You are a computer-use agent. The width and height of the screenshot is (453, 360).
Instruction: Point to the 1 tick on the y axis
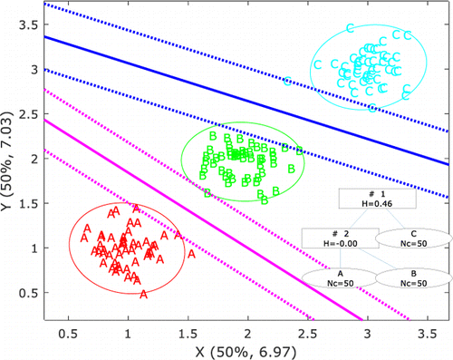34,248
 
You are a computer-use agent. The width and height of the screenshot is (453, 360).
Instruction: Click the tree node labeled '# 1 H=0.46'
377,200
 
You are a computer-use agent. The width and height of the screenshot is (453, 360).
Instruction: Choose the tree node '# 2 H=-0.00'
333,238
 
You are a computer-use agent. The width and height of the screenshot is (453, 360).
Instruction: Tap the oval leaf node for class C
413,238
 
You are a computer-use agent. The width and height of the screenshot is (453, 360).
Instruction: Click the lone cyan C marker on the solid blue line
287,82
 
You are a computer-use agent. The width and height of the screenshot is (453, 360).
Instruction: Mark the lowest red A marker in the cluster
143,293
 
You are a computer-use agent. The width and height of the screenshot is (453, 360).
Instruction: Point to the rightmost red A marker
191,255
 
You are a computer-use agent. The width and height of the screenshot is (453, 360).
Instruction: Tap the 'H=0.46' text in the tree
377,206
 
